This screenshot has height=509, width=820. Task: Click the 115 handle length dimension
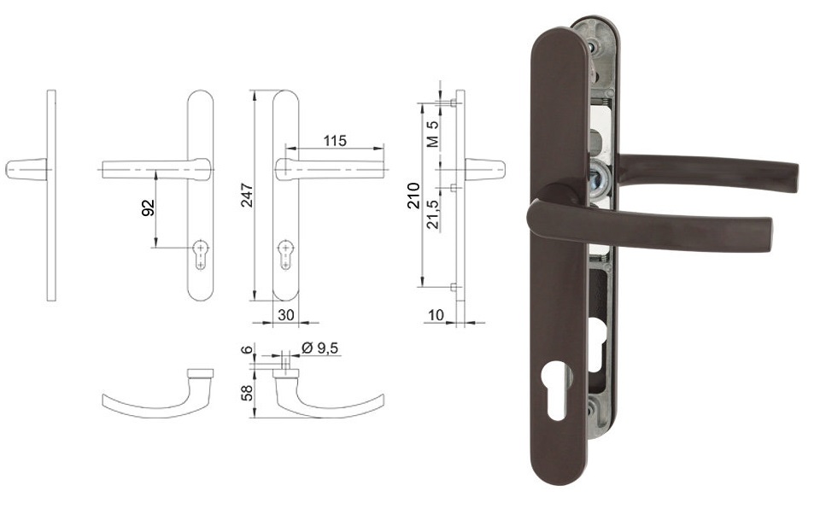click(335, 141)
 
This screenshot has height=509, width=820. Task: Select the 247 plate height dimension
click(247, 195)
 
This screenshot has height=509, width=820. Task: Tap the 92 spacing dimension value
click(149, 208)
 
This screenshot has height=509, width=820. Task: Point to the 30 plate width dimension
click(285, 315)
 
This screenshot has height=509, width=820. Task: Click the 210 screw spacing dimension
click(413, 196)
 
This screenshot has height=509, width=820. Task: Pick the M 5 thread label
click(432, 133)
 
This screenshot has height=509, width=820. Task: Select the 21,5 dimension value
click(432, 214)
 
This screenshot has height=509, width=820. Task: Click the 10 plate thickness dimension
click(436, 315)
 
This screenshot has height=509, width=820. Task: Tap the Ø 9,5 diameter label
click(320, 348)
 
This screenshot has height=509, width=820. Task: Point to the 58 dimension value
click(247, 392)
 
